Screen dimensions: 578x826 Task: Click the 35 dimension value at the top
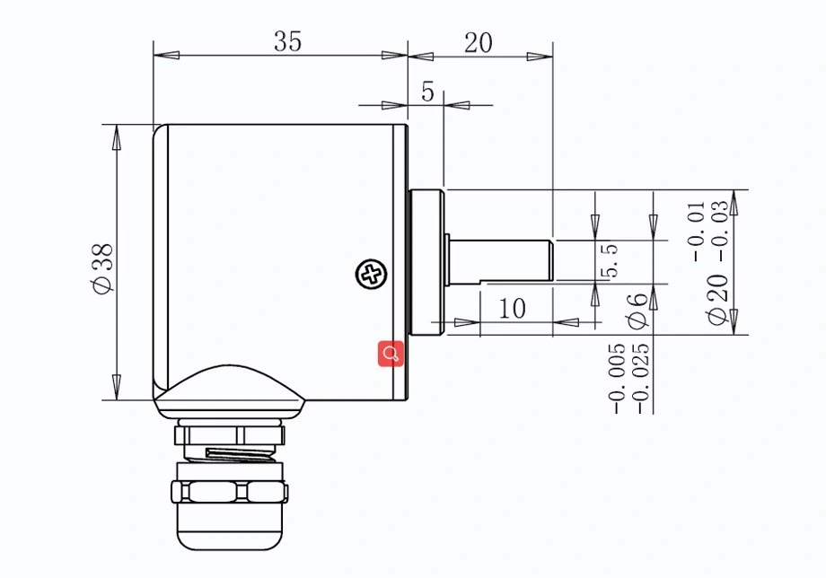(288, 41)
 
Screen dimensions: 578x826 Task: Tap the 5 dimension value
(427, 92)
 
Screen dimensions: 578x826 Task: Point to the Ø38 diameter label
(101, 267)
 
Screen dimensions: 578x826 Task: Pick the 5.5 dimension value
(610, 261)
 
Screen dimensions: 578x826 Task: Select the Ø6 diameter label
(637, 310)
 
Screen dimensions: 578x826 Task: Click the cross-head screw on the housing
(371, 275)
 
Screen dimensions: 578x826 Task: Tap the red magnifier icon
(391, 354)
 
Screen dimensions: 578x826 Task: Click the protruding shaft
(499, 259)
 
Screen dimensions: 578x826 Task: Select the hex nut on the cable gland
(230, 492)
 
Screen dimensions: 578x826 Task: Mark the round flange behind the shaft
(426, 260)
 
